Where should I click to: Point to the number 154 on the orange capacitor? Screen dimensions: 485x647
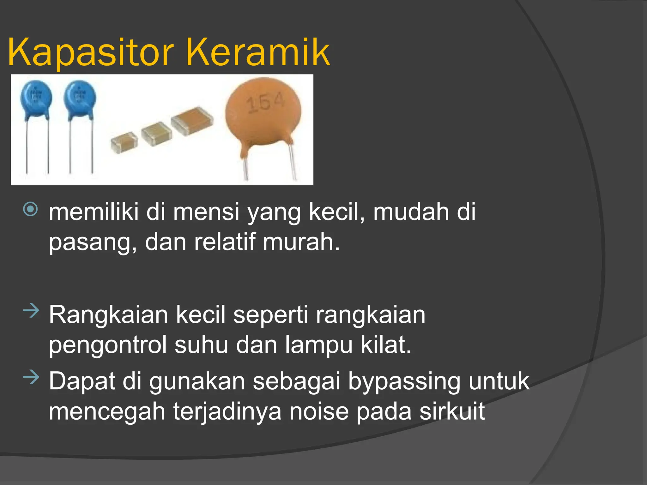265,103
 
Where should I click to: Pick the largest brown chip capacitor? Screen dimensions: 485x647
192,120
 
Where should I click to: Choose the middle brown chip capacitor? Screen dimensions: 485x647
156,133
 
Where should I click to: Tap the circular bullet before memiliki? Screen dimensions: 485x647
31,209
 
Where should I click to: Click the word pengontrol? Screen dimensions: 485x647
108,345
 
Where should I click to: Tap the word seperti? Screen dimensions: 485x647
270,315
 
